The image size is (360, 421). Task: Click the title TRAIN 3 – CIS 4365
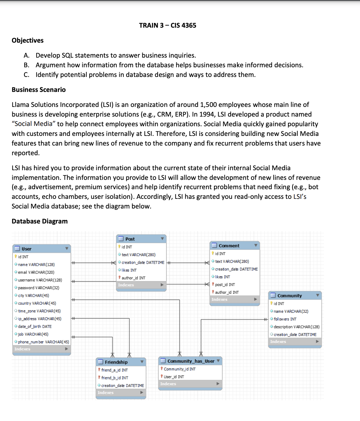coord(167,25)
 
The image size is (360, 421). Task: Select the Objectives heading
coord(27,40)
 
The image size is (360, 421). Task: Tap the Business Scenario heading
coord(39,90)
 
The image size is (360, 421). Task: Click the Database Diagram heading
coord(39,221)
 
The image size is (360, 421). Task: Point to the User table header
coord(27,249)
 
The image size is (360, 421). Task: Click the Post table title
coord(130,239)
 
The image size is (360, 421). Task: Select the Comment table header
coord(229,245)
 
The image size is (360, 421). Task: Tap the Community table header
coord(289,295)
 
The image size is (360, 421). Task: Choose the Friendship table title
coord(116,362)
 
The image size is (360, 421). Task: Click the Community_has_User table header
coord(191,361)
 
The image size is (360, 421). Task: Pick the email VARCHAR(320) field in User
coord(36,272)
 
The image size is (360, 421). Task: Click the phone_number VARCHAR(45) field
coord(43,342)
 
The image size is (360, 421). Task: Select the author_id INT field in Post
coord(133,278)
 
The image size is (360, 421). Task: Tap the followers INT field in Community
coord(285,319)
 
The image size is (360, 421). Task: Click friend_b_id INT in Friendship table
coord(115,378)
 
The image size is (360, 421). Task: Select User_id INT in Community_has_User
coord(174,377)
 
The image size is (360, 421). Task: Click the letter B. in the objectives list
coord(27,65)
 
